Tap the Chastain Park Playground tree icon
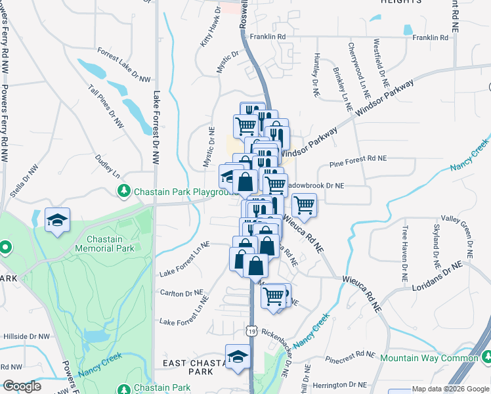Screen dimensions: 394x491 pyautogui.click(x=123, y=192)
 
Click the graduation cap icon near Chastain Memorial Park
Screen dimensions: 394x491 pyautogui.click(x=57, y=221)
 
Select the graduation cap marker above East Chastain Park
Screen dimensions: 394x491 pyautogui.click(x=238, y=357)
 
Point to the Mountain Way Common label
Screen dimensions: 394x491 pyautogui.click(x=429, y=358)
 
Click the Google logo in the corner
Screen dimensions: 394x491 pyautogui.click(x=22, y=386)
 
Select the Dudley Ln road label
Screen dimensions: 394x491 pyautogui.click(x=109, y=166)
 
